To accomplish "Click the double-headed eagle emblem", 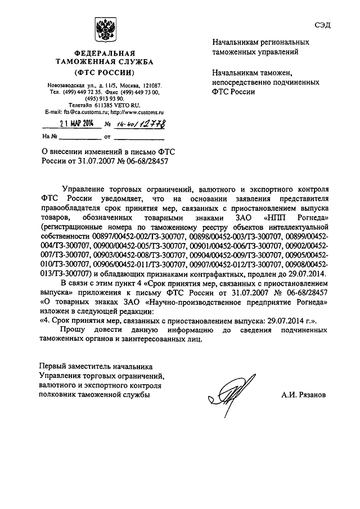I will (x=103, y=29).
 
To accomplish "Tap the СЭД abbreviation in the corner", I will (x=323, y=21).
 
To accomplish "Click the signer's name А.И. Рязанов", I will (x=304, y=395).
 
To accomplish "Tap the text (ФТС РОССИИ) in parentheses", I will (x=103, y=73).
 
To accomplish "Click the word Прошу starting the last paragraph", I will (x=77, y=329).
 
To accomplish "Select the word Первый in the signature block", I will (x=52, y=366).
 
